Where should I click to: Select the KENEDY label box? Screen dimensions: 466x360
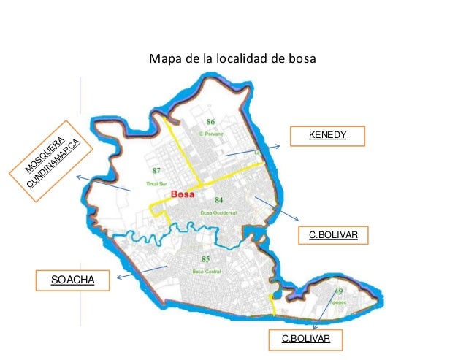(x=326, y=136)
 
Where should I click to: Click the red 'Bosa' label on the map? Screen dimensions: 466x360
(x=182, y=194)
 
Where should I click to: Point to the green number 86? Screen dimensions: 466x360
(x=210, y=121)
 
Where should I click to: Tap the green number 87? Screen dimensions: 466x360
(x=156, y=171)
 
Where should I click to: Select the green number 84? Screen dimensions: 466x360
(x=219, y=199)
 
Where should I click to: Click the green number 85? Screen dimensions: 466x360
(x=205, y=259)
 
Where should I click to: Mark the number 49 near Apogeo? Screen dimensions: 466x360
(x=338, y=291)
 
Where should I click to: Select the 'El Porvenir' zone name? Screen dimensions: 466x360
(x=210, y=133)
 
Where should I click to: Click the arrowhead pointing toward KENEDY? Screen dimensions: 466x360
(x=278, y=148)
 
